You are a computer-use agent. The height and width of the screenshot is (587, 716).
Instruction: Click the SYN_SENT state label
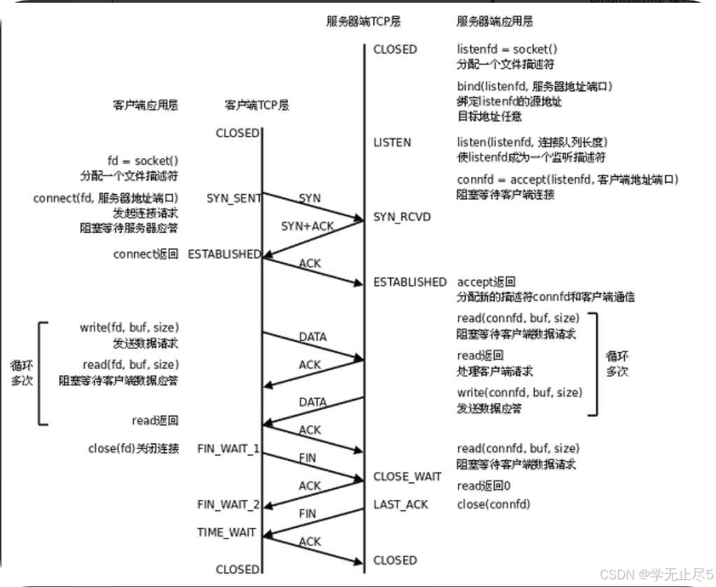point(234,198)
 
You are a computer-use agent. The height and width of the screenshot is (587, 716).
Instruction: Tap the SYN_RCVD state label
point(402,217)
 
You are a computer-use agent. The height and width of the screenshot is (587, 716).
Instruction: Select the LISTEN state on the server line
point(392,143)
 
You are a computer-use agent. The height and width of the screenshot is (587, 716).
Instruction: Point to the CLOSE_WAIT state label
point(407,477)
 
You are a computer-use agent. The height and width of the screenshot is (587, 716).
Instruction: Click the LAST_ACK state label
point(401,505)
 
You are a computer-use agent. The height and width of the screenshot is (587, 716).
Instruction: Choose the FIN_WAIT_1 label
point(228,449)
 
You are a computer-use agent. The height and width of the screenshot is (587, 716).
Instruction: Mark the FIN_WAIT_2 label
point(228,505)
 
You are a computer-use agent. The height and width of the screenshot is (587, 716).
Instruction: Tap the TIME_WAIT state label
point(226,533)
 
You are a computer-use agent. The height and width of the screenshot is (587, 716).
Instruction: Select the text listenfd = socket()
point(507,49)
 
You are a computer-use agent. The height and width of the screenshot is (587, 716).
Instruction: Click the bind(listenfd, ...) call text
point(534,87)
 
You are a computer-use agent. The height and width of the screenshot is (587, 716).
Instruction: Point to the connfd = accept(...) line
point(568,180)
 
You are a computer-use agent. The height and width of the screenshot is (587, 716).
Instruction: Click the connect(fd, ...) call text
point(105,198)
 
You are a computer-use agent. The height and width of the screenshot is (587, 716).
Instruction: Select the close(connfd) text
point(493,505)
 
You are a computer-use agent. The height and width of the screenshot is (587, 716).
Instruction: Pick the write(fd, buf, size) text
point(129,328)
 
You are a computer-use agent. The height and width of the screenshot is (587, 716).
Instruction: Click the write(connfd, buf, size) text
point(520,393)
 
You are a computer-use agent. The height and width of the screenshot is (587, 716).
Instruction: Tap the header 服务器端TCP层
point(363,22)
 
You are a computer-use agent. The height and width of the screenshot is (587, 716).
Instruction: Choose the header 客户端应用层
point(145,106)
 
